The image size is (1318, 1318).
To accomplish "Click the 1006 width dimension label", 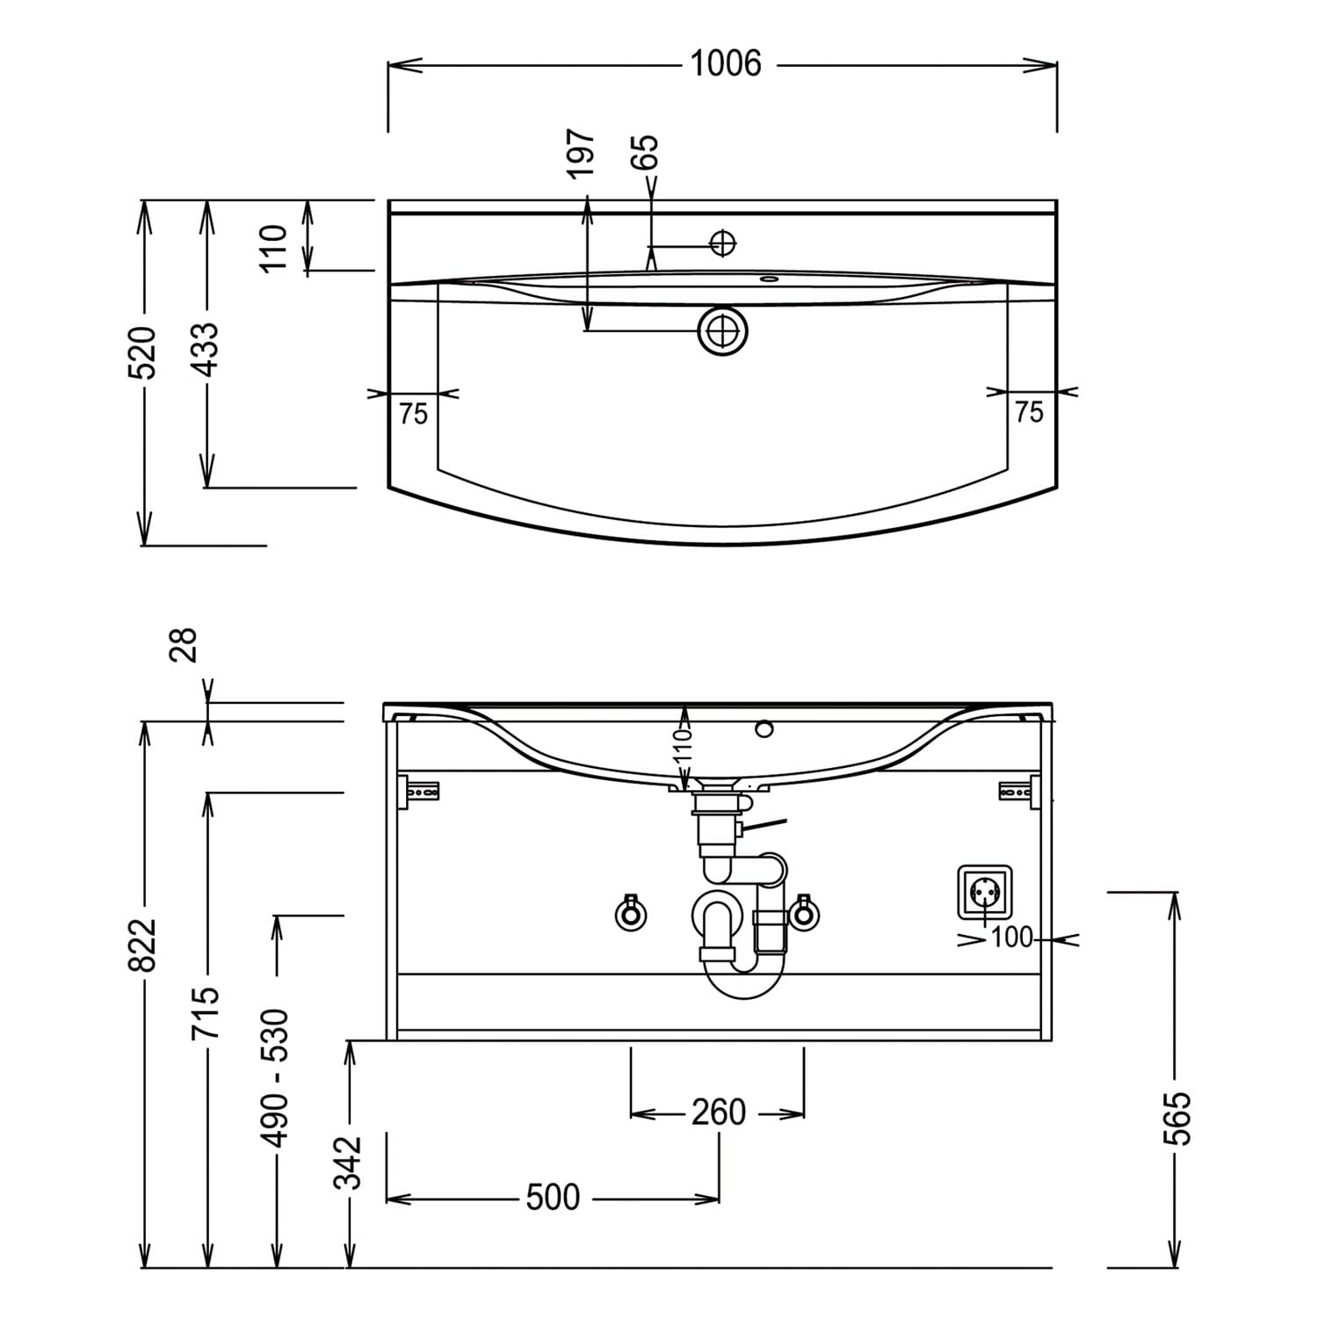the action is click(x=725, y=64).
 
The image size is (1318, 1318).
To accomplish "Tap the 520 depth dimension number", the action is click(x=143, y=352).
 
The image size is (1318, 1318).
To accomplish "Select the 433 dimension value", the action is click(x=206, y=350).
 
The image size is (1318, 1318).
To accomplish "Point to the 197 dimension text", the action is click(x=581, y=154).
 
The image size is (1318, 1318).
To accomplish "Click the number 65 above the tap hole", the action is click(x=645, y=152).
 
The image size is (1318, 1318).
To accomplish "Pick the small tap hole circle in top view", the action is click(x=722, y=243).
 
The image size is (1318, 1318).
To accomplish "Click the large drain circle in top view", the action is click(x=723, y=331).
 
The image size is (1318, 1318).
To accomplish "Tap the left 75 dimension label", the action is click(x=413, y=413).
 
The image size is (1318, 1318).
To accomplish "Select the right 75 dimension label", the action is click(x=1029, y=411).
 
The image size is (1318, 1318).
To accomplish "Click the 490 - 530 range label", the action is click(x=276, y=1077).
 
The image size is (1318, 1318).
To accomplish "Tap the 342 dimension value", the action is click(x=349, y=1162).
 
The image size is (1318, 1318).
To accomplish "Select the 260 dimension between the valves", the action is click(x=719, y=1112).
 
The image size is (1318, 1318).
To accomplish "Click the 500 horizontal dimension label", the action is click(x=554, y=1198).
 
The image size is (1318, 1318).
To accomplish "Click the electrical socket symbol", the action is click(x=984, y=894).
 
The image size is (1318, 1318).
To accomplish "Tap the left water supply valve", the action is click(x=630, y=913).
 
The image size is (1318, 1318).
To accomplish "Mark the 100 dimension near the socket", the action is click(x=1012, y=938).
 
